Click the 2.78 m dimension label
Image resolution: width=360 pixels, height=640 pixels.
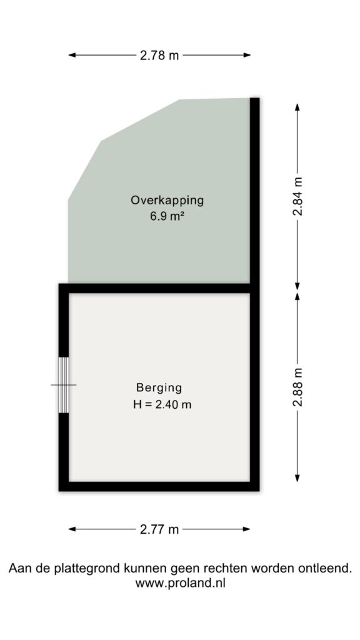click(x=159, y=55)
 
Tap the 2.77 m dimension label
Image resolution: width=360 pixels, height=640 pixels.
click(x=159, y=529)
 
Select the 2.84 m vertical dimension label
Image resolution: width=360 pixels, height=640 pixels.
click(x=297, y=196)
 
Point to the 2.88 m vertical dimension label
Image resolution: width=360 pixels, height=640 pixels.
click(x=297, y=387)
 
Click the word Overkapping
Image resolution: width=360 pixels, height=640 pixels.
click(x=167, y=201)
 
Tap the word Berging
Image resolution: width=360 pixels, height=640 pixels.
click(x=159, y=387)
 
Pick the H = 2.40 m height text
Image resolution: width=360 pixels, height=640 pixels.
click(x=162, y=404)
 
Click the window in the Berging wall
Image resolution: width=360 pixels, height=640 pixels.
click(x=64, y=385)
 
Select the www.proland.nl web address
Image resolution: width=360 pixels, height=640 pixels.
click(x=181, y=583)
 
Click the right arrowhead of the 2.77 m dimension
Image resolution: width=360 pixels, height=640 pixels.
click(x=246, y=529)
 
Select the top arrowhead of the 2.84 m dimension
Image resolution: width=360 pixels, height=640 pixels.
click(x=297, y=107)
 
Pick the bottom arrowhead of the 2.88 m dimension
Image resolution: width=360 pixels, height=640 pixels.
click(x=297, y=477)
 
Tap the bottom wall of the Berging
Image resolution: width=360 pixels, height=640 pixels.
click(x=159, y=486)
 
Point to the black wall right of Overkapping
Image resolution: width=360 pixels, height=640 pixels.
click(x=255, y=191)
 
